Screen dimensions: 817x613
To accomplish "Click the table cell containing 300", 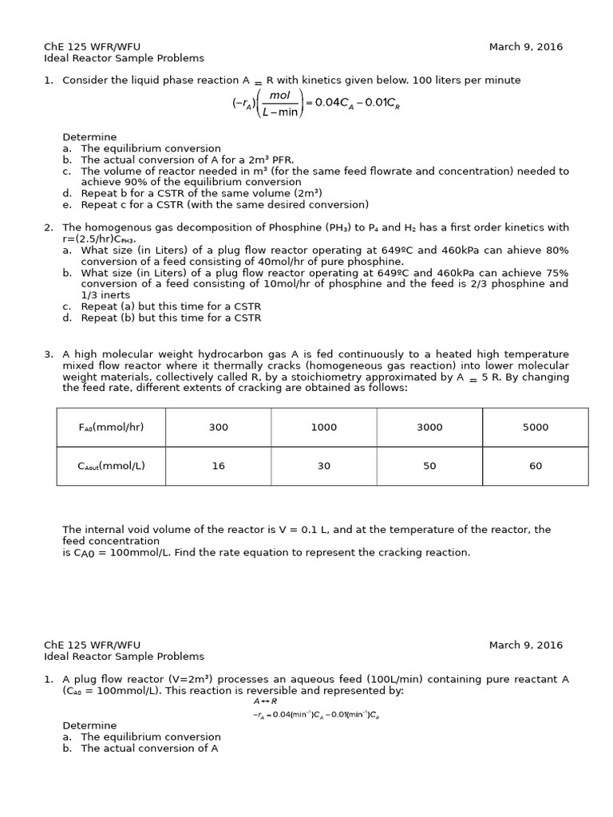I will tap(218, 427).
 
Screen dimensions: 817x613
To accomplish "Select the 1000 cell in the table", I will tap(323, 427).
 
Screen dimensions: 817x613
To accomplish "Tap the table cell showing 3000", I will tap(429, 427).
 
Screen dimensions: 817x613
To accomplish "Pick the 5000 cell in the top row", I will tap(535, 427).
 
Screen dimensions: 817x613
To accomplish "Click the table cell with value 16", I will tap(218, 466).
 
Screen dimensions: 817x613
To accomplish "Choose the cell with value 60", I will tap(535, 466).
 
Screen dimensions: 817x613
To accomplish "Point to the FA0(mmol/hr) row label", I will tap(111, 427).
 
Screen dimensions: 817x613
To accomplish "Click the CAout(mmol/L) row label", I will tap(111, 466).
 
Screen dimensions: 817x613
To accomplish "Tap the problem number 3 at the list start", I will tap(48, 354).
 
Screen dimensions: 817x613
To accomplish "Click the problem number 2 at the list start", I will tap(48, 227).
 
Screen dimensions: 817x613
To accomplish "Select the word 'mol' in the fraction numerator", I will tap(279, 95).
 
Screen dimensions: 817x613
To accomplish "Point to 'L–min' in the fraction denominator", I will tap(279, 112).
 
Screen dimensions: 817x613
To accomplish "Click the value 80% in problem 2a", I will tap(557, 250).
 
